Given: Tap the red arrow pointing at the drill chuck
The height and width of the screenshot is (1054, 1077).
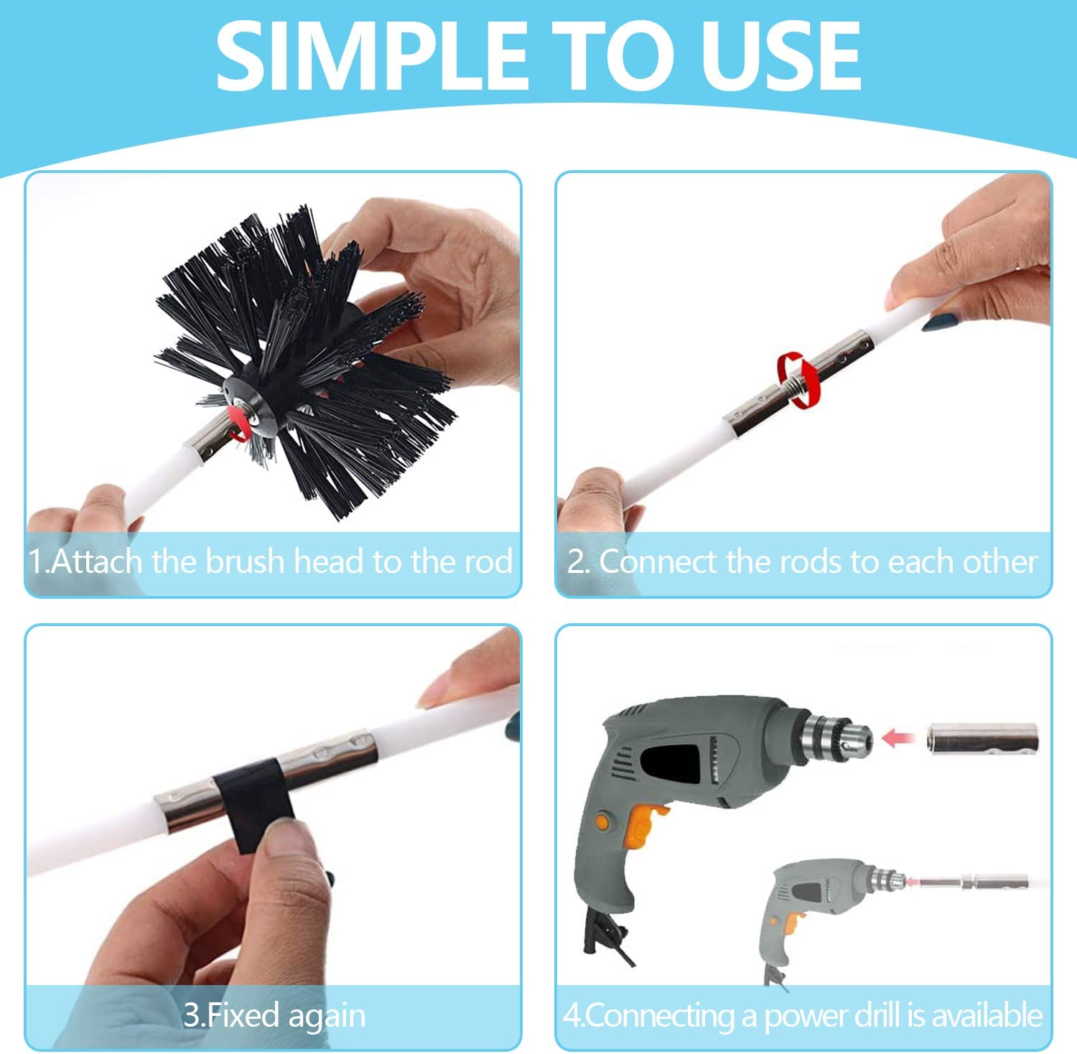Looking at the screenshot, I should [x=897, y=739].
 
